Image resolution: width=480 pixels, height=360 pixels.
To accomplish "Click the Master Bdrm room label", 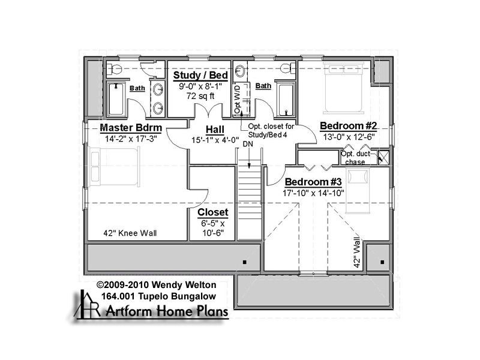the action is pos(131,128).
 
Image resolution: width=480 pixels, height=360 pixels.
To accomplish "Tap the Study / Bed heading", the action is pos(200,76).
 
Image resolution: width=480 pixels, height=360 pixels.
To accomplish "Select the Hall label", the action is pos(215,130).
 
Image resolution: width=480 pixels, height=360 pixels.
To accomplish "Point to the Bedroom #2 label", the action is pos(349,126).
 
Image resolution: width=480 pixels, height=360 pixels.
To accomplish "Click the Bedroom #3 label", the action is pos(313,182).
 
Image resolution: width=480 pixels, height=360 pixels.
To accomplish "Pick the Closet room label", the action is pos(213,212).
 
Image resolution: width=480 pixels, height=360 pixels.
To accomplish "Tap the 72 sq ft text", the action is pos(200,96).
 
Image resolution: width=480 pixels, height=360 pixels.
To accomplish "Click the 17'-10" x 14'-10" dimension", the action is pos(313,193).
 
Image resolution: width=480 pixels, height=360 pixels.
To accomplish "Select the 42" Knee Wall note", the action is pos(130,233).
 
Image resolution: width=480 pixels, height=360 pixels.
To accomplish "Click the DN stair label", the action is pos(248,144).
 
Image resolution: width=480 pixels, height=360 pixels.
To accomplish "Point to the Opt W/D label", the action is pos(238,99).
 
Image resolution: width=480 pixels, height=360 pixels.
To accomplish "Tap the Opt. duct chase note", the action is pos(355,158).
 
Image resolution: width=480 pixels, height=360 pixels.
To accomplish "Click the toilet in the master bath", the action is pos(115,70).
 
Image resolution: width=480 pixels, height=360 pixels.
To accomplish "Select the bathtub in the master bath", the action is pos(116,98).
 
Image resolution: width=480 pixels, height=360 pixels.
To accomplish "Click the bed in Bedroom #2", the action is pos(343,88).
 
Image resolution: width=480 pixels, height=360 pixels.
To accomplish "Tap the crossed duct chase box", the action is pos(383,157).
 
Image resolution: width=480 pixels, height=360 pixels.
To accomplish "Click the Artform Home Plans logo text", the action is pos(167,311).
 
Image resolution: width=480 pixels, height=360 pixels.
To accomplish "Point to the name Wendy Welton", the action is pos(184,285).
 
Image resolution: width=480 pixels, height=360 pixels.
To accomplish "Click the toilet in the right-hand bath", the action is pos(286,68).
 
